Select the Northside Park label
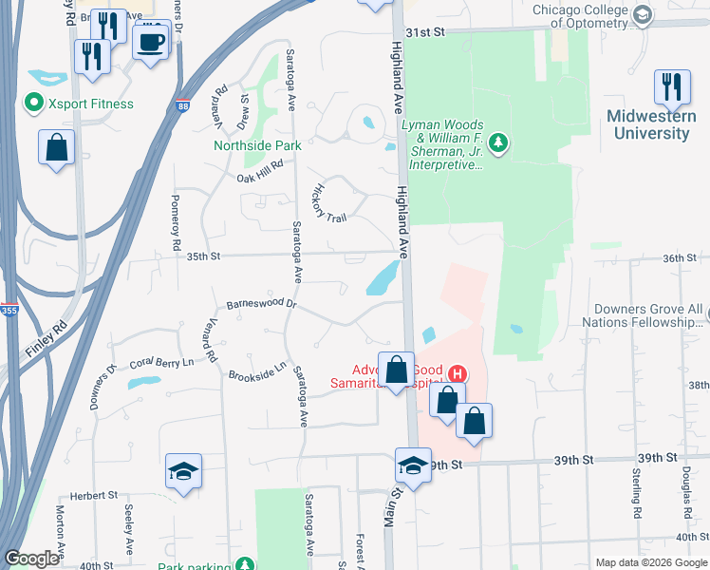(257, 145)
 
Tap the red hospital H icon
(457, 373)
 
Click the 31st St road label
(426, 31)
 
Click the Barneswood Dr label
(262, 305)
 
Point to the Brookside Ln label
(257, 372)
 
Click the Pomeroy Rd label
(177, 223)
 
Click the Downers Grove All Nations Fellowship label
(648, 316)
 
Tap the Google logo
(31, 559)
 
